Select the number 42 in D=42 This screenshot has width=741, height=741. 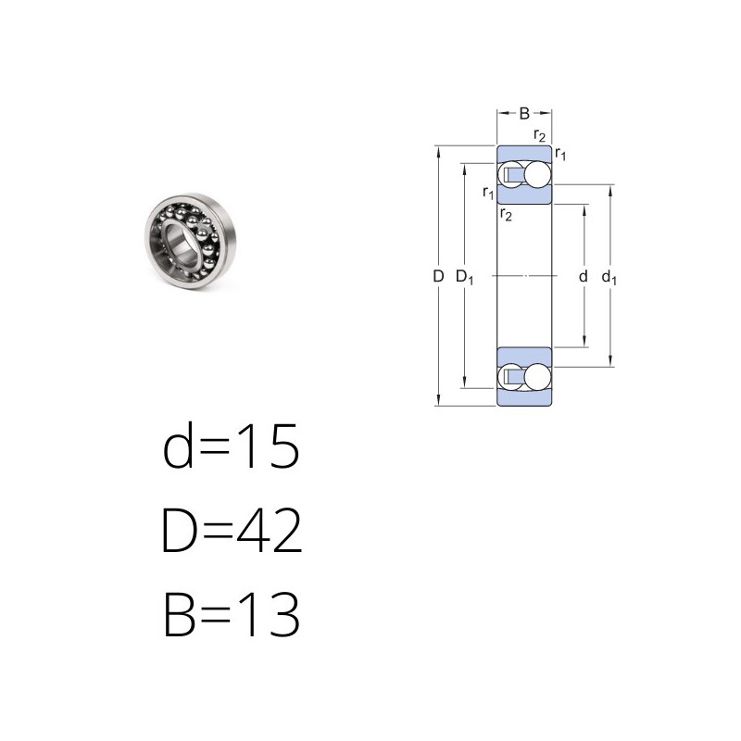click(270, 530)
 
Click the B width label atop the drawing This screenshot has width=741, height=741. click(524, 113)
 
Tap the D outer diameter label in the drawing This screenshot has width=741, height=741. click(438, 276)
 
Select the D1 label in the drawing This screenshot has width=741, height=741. click(464, 277)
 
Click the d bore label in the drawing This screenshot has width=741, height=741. click(584, 276)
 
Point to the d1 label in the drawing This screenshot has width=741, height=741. click(609, 277)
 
